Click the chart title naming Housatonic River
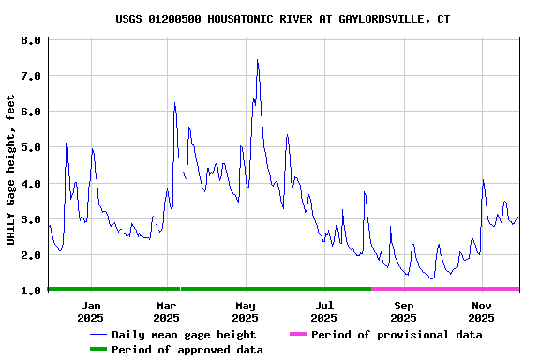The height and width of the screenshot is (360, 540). (282, 19)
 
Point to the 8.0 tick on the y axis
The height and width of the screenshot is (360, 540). (31, 40)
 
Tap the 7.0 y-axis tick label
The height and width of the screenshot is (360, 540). (31, 76)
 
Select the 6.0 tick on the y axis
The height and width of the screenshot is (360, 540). (31, 112)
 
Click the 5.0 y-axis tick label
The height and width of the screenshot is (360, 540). (31, 147)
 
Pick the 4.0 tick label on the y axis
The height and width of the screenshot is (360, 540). (31, 184)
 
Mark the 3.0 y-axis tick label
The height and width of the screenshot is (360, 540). (31, 219)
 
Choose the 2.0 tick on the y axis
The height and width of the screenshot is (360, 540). (31, 255)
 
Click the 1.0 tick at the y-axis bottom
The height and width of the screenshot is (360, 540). (31, 291)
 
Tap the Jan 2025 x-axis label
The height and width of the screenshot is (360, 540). (91, 311)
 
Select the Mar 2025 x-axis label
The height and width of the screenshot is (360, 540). (166, 311)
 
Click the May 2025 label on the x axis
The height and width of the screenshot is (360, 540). (245, 311)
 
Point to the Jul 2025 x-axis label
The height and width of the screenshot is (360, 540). (323, 311)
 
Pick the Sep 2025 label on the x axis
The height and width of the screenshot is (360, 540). (403, 311)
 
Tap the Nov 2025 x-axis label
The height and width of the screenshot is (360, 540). (481, 311)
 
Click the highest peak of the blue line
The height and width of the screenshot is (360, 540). (257, 60)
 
